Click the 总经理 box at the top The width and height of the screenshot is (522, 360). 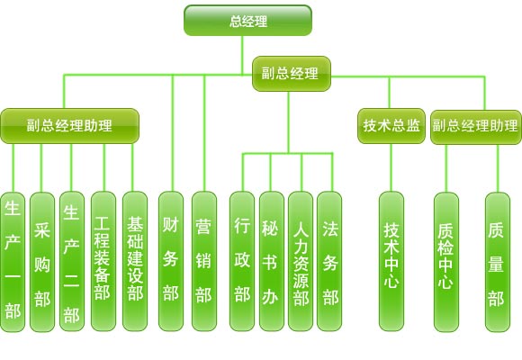click(247, 21)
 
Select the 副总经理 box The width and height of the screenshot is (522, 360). click(292, 74)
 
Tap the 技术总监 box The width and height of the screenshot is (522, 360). click(391, 126)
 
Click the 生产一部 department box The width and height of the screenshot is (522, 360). click(13, 262)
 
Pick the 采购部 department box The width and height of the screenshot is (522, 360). click(42, 262)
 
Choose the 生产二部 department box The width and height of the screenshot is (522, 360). click(72, 261)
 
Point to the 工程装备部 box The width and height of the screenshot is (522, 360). click(103, 261)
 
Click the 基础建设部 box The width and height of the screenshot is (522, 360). click(135, 261)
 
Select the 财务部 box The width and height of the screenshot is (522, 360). click(171, 261)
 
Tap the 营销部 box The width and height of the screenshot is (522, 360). click(204, 261)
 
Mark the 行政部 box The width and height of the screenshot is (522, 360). click(242, 261)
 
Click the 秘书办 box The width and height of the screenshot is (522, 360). click(271, 261)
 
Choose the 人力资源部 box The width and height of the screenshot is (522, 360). click(301, 261)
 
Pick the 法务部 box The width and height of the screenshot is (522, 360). click(329, 261)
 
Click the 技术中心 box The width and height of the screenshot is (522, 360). click(391, 261)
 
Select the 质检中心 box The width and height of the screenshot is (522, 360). click(446, 262)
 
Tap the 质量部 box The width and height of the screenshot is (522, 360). click(498, 262)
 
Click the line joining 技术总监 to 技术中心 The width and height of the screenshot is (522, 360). click(391, 167)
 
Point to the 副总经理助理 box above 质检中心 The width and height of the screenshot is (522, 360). click(476, 127)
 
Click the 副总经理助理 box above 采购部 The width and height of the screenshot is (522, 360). click(69, 126)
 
